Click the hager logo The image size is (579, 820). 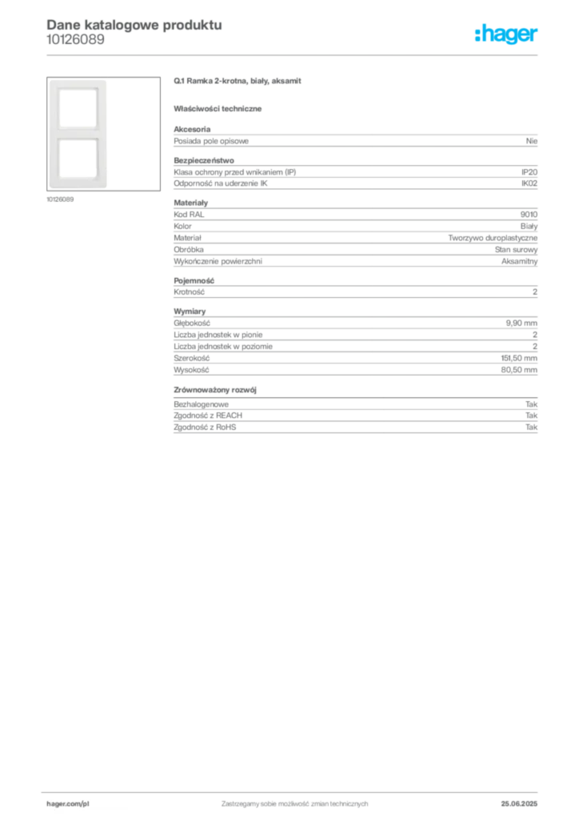coord(506,34)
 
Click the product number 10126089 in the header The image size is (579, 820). coord(75,40)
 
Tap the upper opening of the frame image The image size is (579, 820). coord(78,108)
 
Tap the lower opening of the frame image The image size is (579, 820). coord(78,159)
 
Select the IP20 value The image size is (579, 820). coord(529,172)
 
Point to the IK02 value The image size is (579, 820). coord(529,183)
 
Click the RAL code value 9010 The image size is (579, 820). coord(529,215)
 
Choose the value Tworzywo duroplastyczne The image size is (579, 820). coord(493,238)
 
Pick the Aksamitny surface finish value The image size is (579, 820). coord(520,262)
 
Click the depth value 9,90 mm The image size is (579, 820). coord(521,324)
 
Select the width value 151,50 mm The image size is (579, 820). coord(519,358)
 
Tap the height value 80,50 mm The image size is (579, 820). coord(519,370)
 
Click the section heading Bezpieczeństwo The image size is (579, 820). coord(204,160)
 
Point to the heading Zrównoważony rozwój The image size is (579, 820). coord(215,390)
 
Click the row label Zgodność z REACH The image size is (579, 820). coord(208,416)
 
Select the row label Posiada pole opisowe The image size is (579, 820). coord(211,141)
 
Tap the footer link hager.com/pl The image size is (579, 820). coord(68,804)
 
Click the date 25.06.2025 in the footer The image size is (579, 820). coord(519,804)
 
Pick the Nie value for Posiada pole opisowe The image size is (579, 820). coord(532,141)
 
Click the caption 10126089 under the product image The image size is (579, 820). coord(60,199)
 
